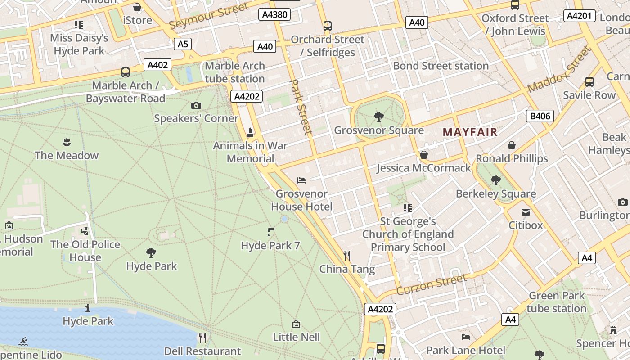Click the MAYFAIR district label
(470, 132)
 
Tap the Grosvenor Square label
(379, 130)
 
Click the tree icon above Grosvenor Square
(379, 117)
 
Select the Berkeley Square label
(496, 194)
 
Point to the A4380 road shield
(274, 14)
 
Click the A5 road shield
(183, 44)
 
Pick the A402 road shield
(157, 65)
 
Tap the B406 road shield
(540, 116)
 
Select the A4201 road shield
(579, 16)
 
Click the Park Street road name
(301, 107)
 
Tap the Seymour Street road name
(209, 16)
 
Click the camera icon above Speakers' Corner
(196, 105)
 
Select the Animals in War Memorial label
(250, 152)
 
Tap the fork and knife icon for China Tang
(347, 256)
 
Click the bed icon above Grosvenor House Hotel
(301, 180)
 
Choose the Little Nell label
(296, 337)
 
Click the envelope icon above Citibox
(526, 212)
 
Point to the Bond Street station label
(441, 66)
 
